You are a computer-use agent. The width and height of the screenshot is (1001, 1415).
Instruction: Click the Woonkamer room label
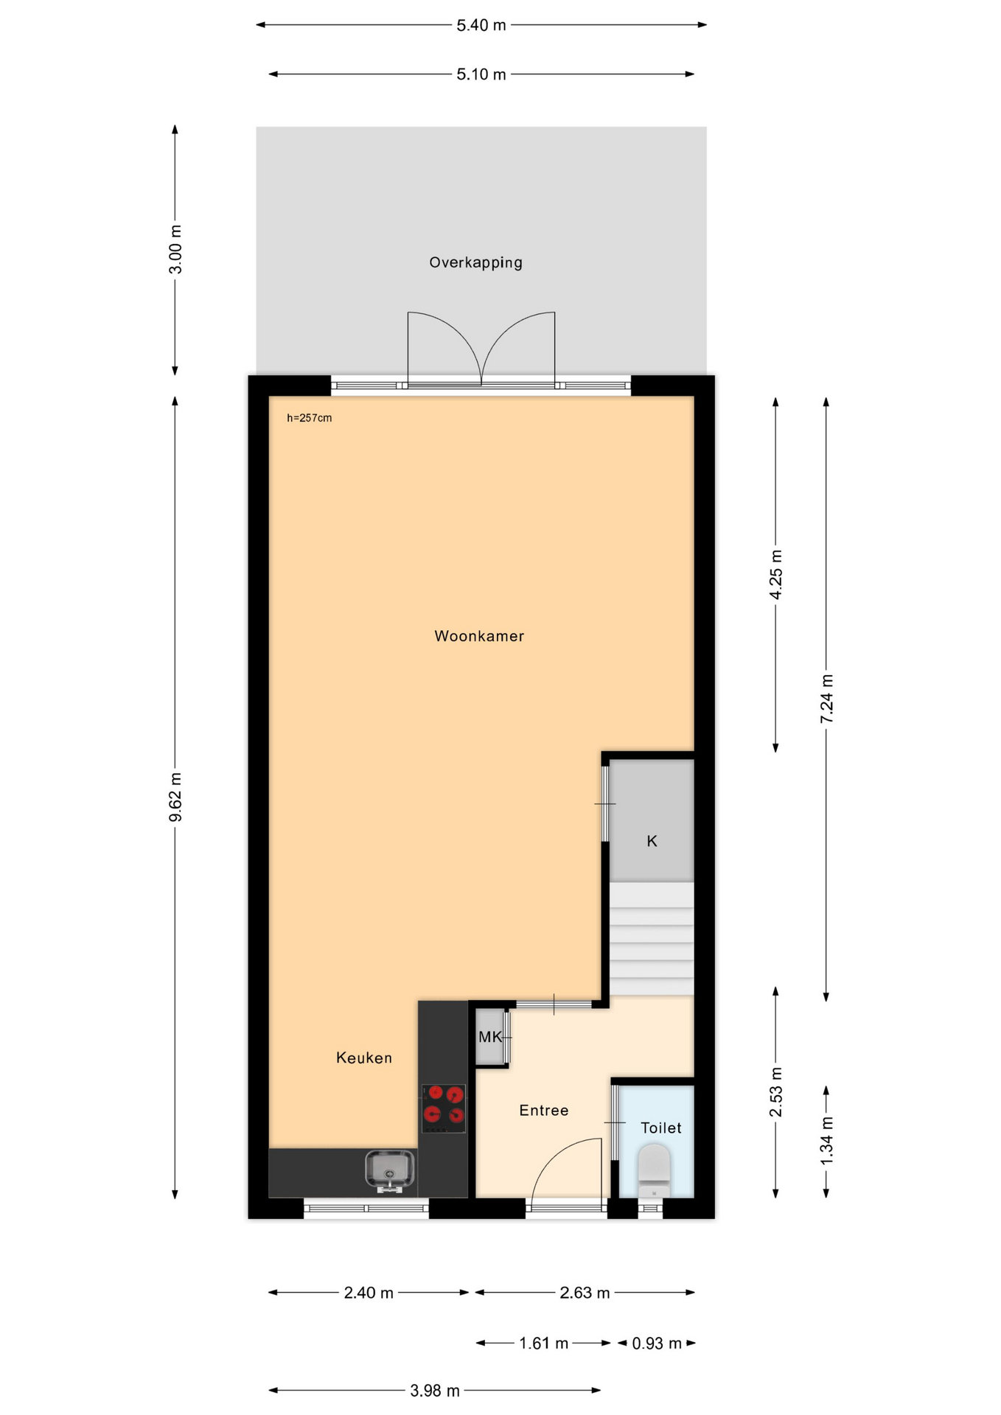click(x=479, y=636)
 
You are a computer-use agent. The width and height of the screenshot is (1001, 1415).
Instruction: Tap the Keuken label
click(x=364, y=1058)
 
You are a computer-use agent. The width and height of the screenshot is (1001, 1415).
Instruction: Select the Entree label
click(x=544, y=1110)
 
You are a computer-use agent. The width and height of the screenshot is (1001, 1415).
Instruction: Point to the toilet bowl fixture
click(x=654, y=1170)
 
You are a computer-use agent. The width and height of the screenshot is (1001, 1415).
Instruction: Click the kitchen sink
click(x=390, y=1170)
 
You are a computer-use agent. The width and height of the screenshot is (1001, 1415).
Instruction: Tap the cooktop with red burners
click(x=444, y=1108)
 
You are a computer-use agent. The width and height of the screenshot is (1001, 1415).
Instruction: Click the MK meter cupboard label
click(x=490, y=1037)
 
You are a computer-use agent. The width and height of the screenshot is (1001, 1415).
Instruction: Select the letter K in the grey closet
click(x=652, y=841)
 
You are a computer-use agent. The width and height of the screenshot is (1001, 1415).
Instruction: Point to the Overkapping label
click(x=476, y=262)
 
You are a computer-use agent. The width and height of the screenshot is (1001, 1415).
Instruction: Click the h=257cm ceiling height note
click(x=310, y=418)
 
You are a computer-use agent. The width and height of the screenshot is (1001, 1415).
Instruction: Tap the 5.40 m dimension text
click(x=481, y=25)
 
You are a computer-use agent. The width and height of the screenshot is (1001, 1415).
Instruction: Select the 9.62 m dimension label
click(x=175, y=797)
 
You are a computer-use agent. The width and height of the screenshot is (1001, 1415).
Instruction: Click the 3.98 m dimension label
click(x=435, y=1391)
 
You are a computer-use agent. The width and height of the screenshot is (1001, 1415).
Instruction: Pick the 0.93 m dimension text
click(x=657, y=1344)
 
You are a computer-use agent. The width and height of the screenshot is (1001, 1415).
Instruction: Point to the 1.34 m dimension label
click(x=827, y=1142)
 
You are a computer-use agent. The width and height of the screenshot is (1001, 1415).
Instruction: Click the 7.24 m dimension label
click(x=827, y=699)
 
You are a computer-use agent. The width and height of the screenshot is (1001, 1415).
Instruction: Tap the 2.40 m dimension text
click(x=369, y=1293)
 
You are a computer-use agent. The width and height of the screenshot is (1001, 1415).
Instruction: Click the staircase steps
click(x=652, y=939)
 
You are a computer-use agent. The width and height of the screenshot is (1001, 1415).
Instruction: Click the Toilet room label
click(x=661, y=1128)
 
